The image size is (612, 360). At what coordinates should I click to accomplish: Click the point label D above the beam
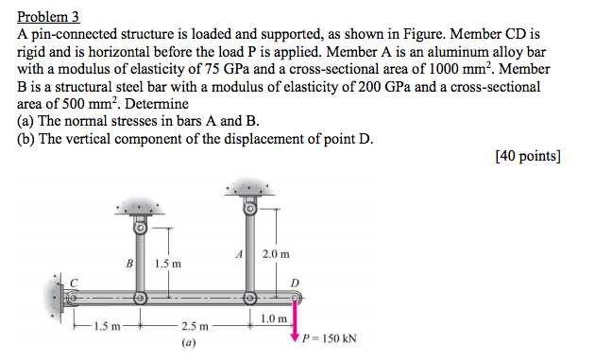point(295,283)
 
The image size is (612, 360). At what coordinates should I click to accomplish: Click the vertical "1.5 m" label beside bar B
point(169,263)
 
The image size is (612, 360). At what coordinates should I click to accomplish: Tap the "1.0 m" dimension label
point(274,318)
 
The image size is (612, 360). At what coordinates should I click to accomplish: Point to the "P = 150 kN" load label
point(329,338)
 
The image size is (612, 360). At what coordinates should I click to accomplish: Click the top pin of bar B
point(139,227)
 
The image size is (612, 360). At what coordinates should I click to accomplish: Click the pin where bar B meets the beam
point(139,298)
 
